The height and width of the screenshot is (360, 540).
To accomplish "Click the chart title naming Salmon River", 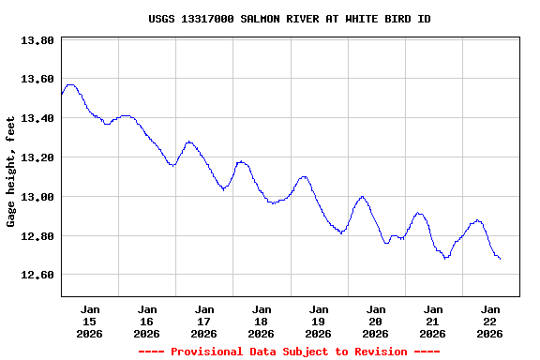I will click(x=290, y=19).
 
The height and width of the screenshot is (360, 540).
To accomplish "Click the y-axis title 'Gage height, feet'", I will click(x=11, y=172).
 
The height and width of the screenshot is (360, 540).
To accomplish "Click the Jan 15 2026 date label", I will click(x=90, y=321).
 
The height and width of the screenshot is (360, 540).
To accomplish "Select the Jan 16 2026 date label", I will click(x=147, y=321).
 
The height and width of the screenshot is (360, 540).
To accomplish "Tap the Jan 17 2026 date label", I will click(x=204, y=321).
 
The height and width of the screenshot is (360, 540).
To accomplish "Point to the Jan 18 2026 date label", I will click(x=262, y=321).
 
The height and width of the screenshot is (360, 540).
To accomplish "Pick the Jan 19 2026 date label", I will click(x=319, y=321).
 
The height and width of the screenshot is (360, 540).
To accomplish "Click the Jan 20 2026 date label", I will click(x=376, y=321).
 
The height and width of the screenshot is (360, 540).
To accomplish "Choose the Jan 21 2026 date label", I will click(x=433, y=321).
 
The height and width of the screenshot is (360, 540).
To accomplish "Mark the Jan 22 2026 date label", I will click(x=490, y=321).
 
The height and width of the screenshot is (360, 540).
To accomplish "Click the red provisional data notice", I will click(x=289, y=352).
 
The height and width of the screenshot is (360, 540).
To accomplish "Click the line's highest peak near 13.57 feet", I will click(x=70, y=84).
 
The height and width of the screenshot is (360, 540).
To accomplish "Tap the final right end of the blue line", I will click(x=500, y=259).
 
